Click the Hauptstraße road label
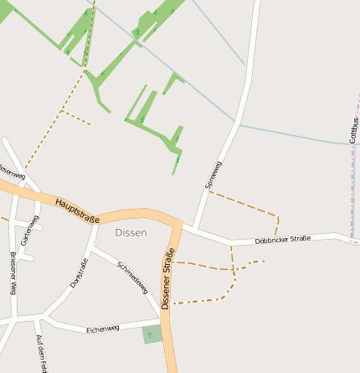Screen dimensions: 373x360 point(77,209)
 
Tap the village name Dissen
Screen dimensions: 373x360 point(131,232)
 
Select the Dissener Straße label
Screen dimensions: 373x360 point(168,279)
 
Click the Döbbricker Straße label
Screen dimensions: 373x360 point(282,240)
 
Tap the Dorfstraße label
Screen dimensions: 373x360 point(79,274)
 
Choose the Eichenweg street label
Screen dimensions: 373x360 point(103,329)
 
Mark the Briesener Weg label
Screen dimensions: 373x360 point(13,273)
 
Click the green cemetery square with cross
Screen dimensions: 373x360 point(152,334)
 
